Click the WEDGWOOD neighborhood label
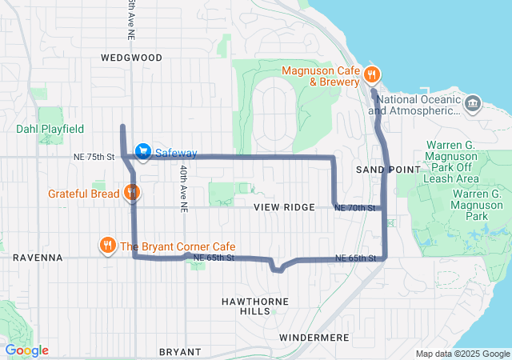(132, 58)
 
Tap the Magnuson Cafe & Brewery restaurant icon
(370, 75)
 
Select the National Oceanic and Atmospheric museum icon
(474, 103)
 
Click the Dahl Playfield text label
(50, 128)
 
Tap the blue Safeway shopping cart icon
(142, 150)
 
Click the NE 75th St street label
(95, 157)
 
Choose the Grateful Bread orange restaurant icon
(132, 193)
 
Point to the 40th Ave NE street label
(183, 189)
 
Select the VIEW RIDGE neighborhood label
(284, 207)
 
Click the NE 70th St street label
(355, 208)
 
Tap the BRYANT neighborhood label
(174, 352)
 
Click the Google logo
(26, 350)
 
